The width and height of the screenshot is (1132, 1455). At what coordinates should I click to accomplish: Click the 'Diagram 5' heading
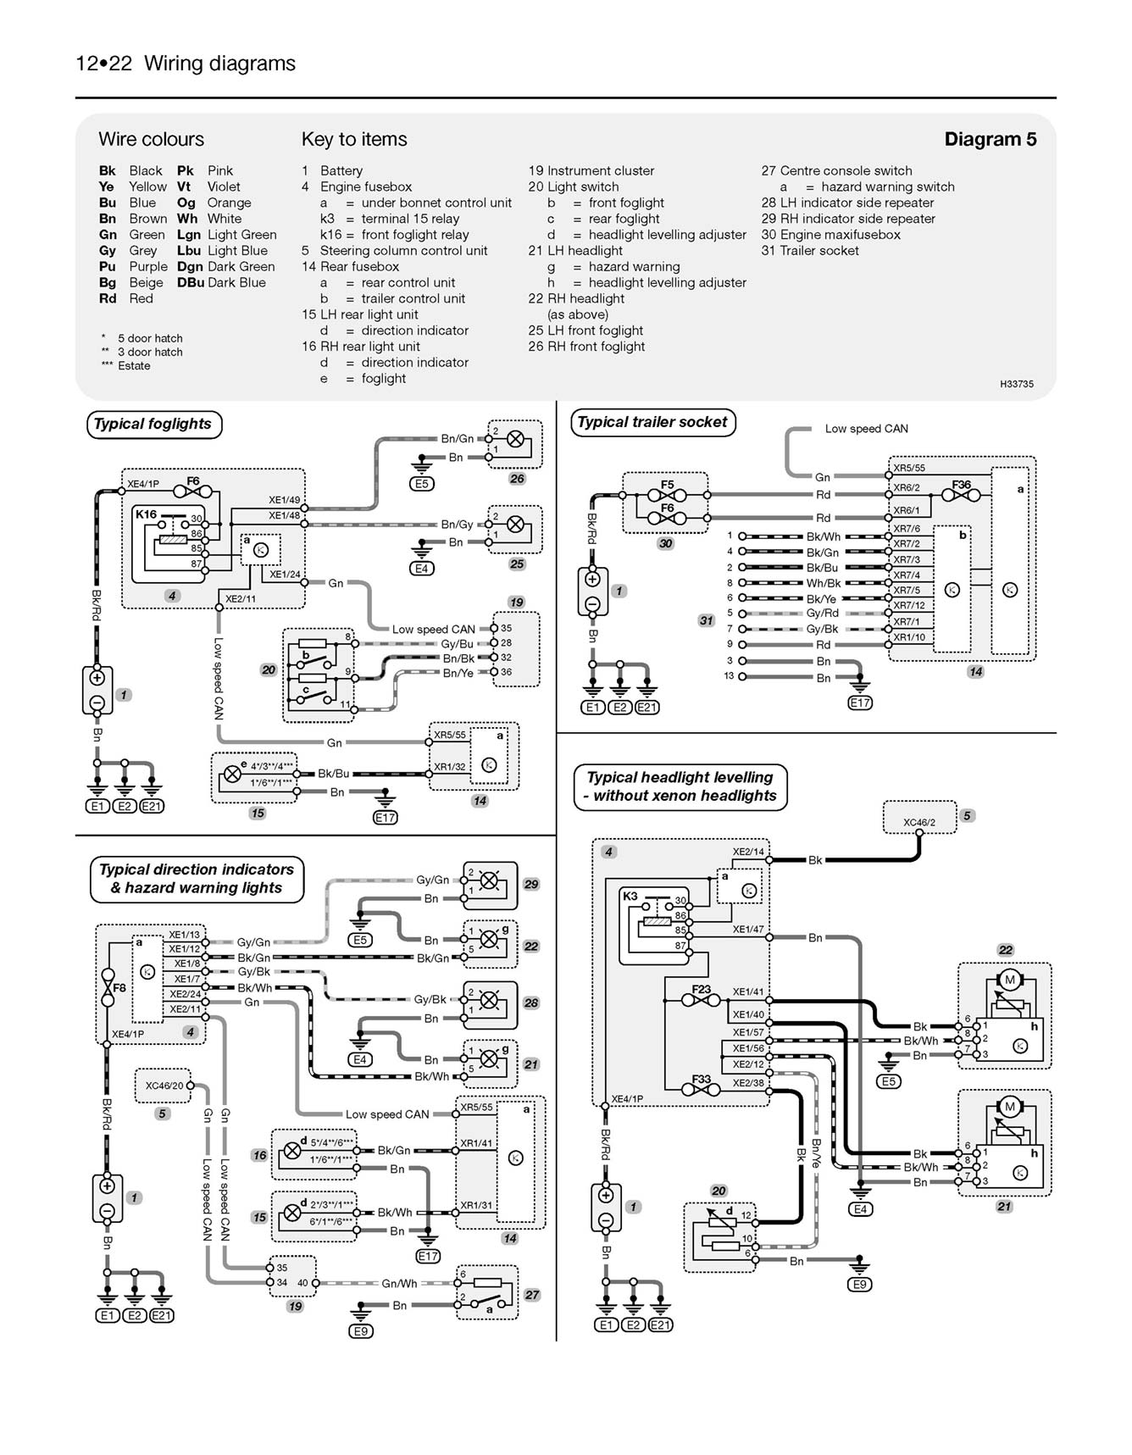coord(990,140)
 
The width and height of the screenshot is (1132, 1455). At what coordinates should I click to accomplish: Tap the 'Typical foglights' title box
coord(153,425)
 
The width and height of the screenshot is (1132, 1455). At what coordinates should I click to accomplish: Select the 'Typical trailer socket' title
coord(652,422)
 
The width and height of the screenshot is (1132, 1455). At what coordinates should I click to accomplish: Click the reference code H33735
coord(1016,384)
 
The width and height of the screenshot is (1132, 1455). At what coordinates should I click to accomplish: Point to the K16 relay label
coord(146,514)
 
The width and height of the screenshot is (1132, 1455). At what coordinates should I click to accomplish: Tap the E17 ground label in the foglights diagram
coord(385,817)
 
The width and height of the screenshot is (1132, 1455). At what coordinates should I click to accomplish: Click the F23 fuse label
coord(701,989)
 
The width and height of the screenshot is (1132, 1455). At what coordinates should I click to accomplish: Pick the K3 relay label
coord(630,896)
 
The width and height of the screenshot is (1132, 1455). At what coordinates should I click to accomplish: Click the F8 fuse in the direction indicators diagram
coord(108,987)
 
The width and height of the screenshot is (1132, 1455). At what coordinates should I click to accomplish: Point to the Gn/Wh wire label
coord(399,1283)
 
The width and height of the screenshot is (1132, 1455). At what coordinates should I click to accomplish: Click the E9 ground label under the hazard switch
coord(360,1331)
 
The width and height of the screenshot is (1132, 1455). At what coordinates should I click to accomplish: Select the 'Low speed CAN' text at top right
coord(866,429)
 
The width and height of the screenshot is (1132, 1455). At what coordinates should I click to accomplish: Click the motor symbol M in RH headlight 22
coord(1009,980)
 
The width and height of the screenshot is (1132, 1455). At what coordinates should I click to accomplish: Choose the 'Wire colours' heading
coord(151,140)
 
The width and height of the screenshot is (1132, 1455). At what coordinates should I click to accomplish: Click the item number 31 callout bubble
coord(706,620)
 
